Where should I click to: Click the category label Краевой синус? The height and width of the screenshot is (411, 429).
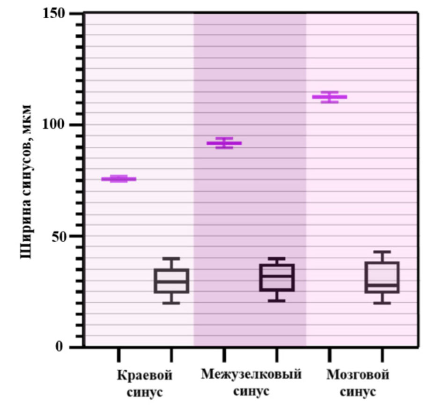[145, 383]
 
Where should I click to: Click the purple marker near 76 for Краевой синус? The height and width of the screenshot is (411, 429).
[118, 179]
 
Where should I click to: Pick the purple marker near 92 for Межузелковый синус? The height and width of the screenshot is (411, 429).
[224, 143]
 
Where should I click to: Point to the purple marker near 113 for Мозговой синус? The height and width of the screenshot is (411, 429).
[329, 97]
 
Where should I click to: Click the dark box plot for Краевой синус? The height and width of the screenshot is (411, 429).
[171, 281]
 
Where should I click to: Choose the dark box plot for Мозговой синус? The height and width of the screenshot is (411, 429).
[382, 277]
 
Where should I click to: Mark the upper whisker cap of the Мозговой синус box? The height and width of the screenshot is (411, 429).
[382, 252]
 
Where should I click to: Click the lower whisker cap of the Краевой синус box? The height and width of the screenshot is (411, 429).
[171, 303]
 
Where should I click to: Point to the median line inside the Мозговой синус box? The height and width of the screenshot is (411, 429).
[382, 285]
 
